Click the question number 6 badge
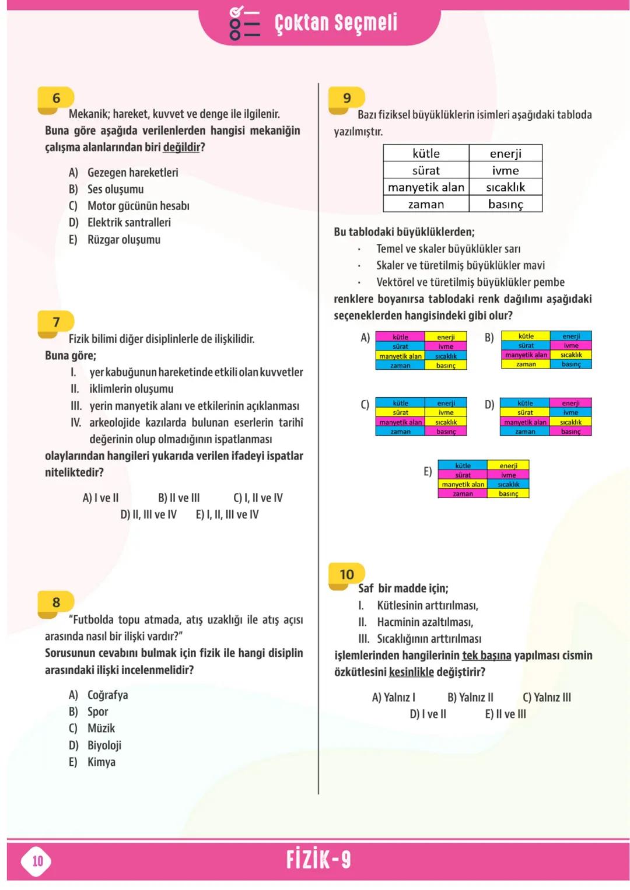click(56, 98)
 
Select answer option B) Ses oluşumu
click(106, 189)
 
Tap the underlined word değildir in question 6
click(181, 147)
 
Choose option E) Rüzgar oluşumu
click(114, 240)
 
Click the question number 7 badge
click(56, 322)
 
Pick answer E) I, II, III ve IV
click(227, 514)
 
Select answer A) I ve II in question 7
click(100, 497)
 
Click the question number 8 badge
click(56, 602)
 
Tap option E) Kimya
click(92, 762)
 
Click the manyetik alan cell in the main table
click(426, 187)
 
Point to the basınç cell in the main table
click(505, 204)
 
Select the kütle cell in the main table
click(426, 153)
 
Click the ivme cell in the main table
click(505, 170)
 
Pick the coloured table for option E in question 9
click(483, 479)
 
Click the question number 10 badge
click(346, 574)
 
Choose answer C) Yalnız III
click(547, 697)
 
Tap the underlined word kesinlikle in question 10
click(411, 672)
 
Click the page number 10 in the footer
click(37, 861)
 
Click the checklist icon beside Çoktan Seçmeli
click(244, 23)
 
